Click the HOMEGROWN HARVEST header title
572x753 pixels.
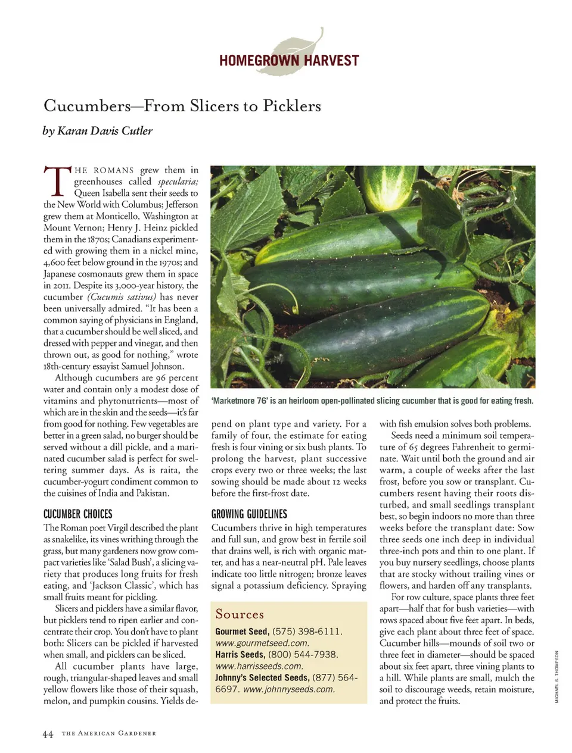tap(289, 61)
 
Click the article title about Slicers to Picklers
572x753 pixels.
tap(182, 106)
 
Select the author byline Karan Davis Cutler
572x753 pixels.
tap(98, 131)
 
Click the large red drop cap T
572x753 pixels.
tap(56, 181)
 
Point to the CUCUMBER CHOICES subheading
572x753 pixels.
tap(77, 514)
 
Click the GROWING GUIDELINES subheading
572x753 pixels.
tap(249, 514)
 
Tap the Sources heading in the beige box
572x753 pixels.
tap(240, 614)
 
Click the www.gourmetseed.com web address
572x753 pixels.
tap(262, 643)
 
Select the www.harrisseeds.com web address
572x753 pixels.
tap(259, 667)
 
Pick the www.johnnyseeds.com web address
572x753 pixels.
tap(289, 690)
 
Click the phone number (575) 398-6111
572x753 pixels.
tap(307, 632)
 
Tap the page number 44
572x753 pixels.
tap(48, 735)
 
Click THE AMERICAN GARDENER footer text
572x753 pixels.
tap(108, 734)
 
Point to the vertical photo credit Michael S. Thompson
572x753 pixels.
tap(557, 677)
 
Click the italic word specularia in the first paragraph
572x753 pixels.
tap(178, 182)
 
